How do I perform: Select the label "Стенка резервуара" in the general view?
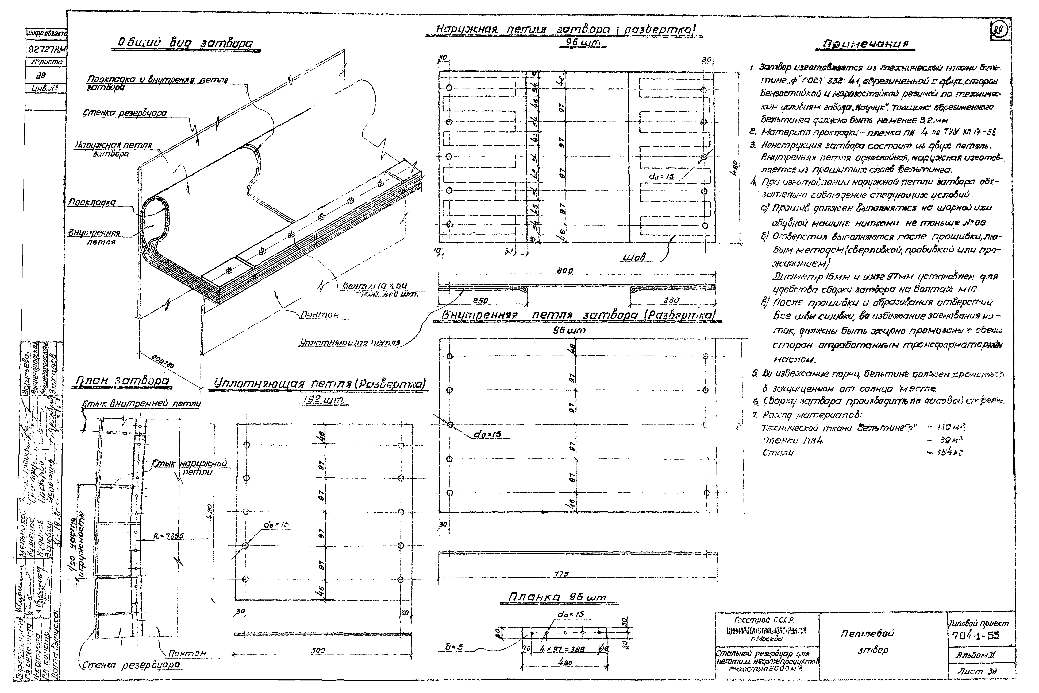point(125,113)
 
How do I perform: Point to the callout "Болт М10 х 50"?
point(375,286)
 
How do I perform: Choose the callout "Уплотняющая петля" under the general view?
point(349,342)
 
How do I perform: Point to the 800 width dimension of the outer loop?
point(565,270)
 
